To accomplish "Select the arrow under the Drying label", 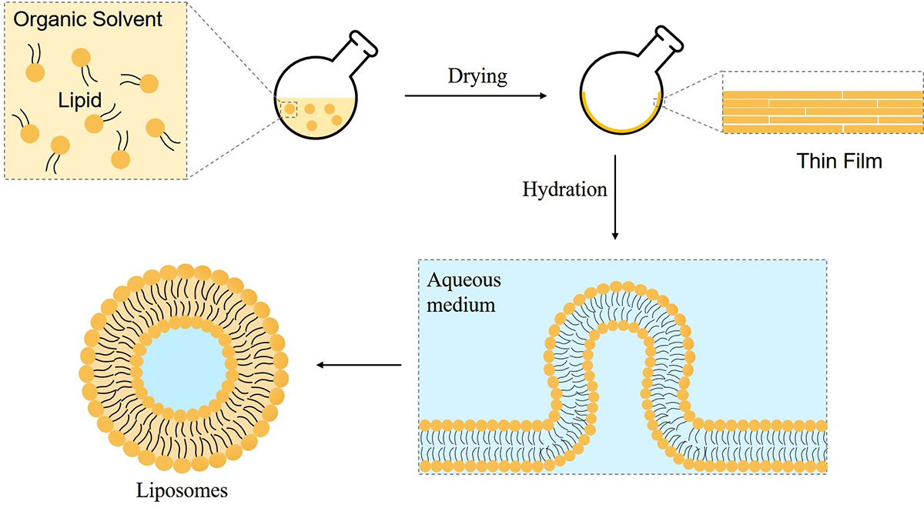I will pyautogui.click(x=474, y=96).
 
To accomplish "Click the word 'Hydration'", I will pyautogui.click(x=565, y=189).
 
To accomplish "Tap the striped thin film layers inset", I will pyautogui.click(x=822, y=112).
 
